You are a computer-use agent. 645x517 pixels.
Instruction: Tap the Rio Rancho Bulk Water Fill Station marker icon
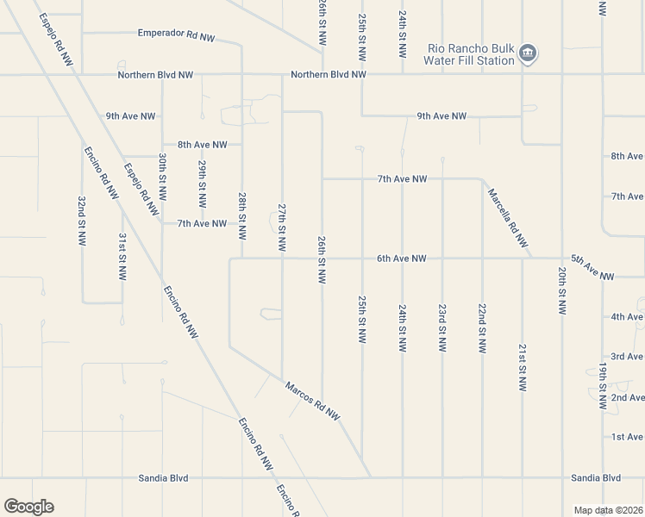(x=529, y=54)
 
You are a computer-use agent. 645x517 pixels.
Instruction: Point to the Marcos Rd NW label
(x=312, y=400)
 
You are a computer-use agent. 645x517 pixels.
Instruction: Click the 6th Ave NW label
(x=401, y=258)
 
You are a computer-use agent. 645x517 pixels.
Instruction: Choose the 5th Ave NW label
(x=592, y=267)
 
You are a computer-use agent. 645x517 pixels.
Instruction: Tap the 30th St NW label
(x=162, y=178)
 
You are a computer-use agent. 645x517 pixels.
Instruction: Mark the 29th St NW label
(x=202, y=184)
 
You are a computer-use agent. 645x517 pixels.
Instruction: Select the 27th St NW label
(x=282, y=227)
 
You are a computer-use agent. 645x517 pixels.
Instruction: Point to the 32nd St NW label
(x=81, y=221)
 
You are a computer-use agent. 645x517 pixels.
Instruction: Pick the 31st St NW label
(x=122, y=256)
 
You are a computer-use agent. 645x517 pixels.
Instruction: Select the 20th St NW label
(x=561, y=290)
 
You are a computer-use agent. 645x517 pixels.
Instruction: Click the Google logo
(x=28, y=507)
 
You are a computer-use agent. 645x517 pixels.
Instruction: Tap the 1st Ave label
(x=627, y=437)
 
